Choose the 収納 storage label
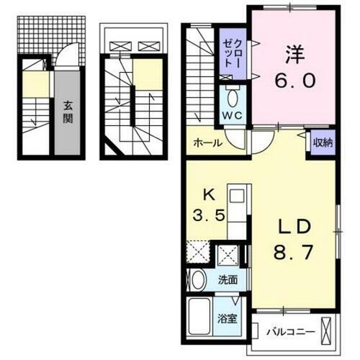(322, 142)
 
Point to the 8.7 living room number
(293, 253)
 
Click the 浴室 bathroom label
(228, 318)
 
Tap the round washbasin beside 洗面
(199, 279)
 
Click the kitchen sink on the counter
(235, 195)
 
